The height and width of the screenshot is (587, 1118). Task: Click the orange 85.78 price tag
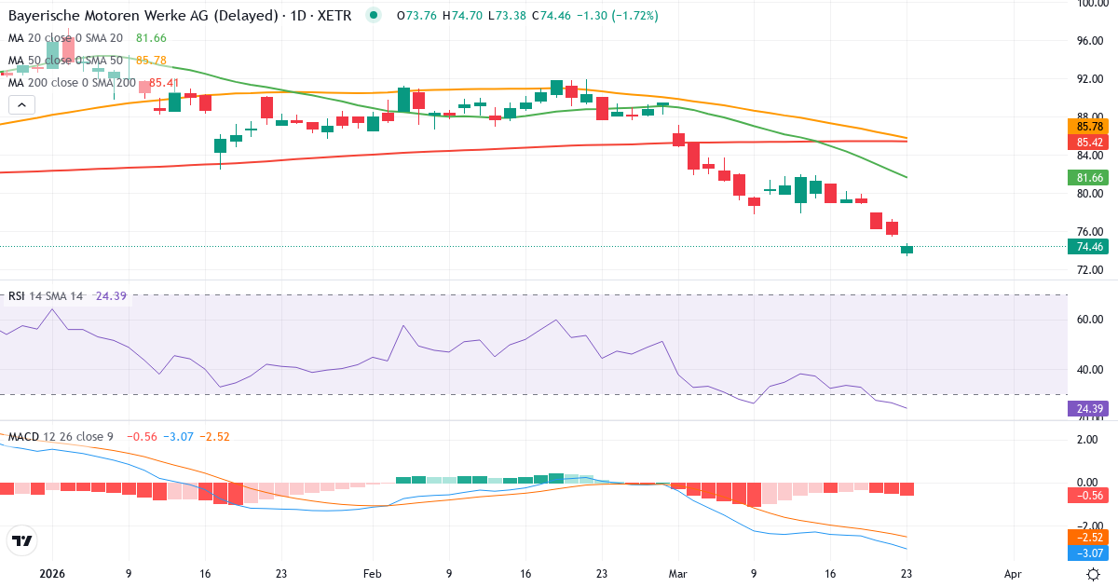[x=1090, y=127]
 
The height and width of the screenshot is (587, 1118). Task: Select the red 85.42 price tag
[x=1090, y=143]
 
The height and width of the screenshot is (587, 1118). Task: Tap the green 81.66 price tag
[x=1090, y=177]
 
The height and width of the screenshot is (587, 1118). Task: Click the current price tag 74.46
[x=1090, y=247]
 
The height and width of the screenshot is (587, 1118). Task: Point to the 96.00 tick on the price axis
[x=1090, y=41]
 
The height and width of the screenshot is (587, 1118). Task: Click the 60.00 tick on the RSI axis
[x=1090, y=319]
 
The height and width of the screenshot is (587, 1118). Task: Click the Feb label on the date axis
[x=373, y=575]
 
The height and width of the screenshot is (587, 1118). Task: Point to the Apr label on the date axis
[x=1014, y=575]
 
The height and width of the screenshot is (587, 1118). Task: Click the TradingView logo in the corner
[x=21, y=540]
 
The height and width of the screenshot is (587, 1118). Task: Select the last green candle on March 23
[x=907, y=250]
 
